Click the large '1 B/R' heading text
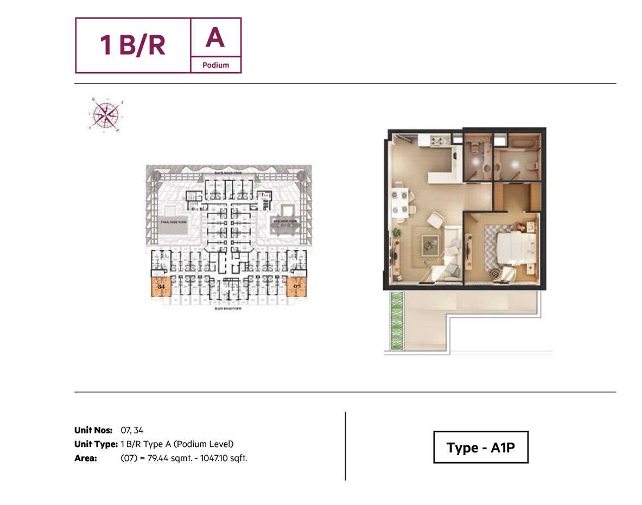coord(132,45)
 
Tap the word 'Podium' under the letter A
coord(215,65)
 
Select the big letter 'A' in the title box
coord(215,37)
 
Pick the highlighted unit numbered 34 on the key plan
coord(161,286)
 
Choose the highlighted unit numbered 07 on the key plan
coord(296,286)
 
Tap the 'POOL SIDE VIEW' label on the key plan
coord(171,222)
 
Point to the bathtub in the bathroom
coord(523,143)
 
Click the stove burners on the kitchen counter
coord(437,142)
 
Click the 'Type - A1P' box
coord(480,448)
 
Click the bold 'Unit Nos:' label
coord(93,430)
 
